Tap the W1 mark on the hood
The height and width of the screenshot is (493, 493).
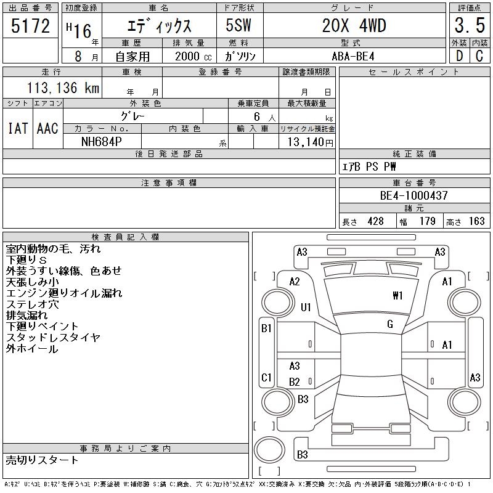click(397, 296)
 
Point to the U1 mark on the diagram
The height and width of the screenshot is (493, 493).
click(306, 307)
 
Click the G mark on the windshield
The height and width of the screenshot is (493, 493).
click(389, 324)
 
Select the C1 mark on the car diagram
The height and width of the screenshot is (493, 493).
click(267, 377)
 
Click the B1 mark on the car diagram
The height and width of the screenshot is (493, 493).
click(267, 328)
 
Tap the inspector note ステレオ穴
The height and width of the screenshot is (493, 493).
click(32, 304)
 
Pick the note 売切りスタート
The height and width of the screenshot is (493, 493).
click(43, 460)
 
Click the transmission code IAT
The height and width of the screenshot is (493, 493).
click(18, 128)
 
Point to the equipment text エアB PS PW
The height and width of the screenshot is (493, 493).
click(370, 166)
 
